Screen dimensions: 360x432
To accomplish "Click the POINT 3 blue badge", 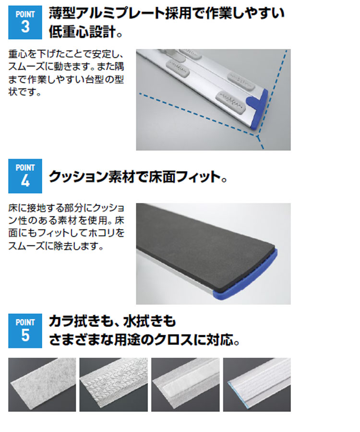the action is (25, 22).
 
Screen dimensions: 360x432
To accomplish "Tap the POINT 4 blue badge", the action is (25, 176).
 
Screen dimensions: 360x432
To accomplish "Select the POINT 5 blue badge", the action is (25, 331).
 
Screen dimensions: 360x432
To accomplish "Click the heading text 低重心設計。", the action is (85, 32).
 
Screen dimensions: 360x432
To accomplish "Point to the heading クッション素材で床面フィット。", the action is (138, 177).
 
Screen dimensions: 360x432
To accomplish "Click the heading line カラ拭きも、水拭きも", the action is (112, 321).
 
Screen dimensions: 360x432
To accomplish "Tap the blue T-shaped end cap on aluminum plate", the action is (258, 109).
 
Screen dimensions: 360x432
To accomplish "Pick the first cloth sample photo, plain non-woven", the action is (42, 384).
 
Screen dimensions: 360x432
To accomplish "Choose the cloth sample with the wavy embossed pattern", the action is (113, 384).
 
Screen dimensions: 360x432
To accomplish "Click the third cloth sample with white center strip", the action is (185, 384).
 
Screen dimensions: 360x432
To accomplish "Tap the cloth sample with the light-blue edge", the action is (257, 384).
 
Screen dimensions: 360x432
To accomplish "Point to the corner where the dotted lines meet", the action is (257, 135).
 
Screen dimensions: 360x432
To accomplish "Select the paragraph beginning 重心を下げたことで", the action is (66, 73).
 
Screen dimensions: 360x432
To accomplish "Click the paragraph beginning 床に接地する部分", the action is (66, 227).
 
